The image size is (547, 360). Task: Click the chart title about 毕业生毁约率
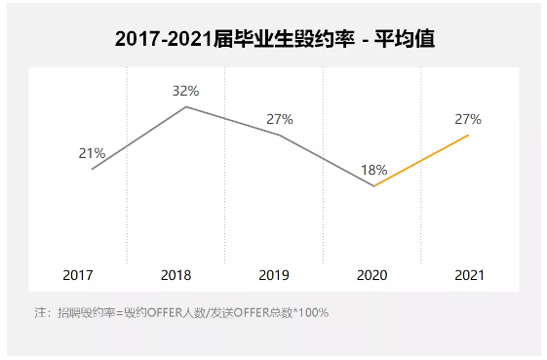pyautogui.click(x=274, y=40)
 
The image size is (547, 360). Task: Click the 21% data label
pyautogui.click(x=92, y=153)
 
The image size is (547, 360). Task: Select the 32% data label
pyautogui.click(x=185, y=91)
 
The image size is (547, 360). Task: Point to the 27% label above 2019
pyautogui.click(x=280, y=119)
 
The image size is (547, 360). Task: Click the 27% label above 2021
pyautogui.click(x=467, y=119)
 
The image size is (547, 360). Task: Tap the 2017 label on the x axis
pyautogui.click(x=78, y=276)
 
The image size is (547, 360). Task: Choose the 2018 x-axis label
pyautogui.click(x=176, y=276)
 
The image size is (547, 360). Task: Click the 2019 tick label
pyautogui.click(x=274, y=276)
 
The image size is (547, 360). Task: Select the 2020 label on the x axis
pyautogui.click(x=371, y=276)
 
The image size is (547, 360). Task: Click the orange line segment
pyautogui.click(x=421, y=160)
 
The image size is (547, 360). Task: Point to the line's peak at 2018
pyautogui.click(x=186, y=106)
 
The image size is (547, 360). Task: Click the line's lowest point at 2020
pyautogui.click(x=373, y=185)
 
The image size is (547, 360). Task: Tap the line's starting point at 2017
pyautogui.click(x=92, y=169)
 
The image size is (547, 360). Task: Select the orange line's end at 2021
pyautogui.click(x=468, y=135)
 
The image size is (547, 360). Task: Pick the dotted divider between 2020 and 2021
pyautogui.click(x=421, y=224)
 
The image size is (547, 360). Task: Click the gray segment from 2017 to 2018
pyautogui.click(x=138, y=138)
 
